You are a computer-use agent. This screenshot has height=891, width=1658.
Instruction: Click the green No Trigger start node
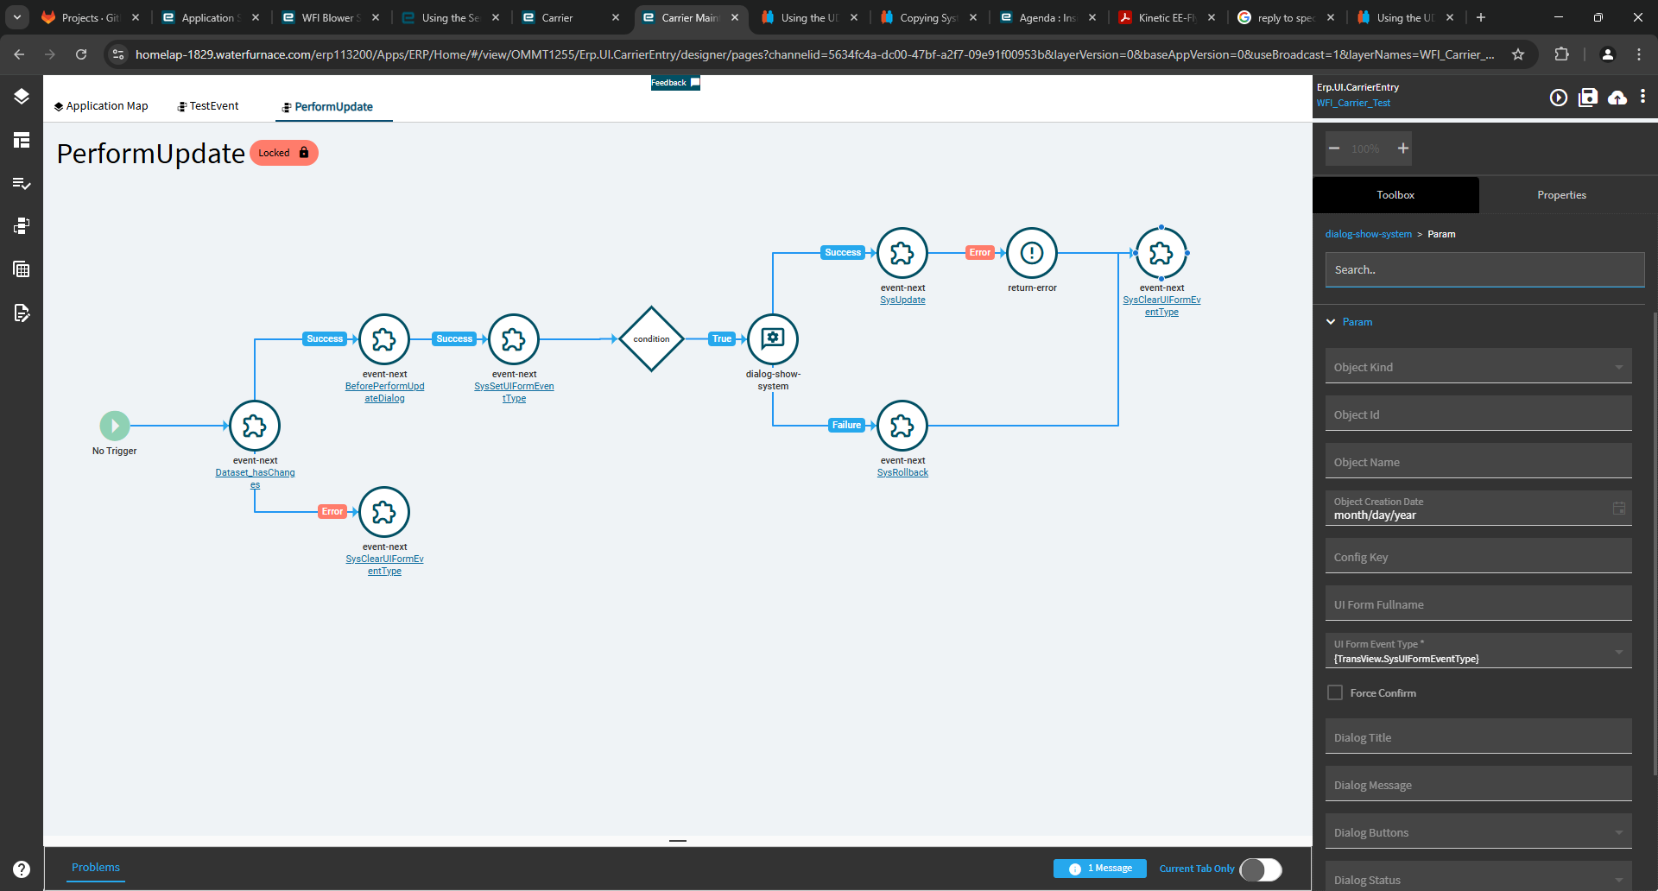click(115, 426)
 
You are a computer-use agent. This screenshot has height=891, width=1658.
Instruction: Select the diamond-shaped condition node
click(652, 339)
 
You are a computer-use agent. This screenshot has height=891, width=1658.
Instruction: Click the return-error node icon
click(1032, 253)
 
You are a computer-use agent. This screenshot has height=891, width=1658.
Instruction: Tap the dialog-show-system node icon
click(773, 339)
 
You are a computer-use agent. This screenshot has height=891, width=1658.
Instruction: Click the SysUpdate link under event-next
click(902, 300)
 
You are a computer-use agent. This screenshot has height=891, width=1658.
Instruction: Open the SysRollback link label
click(902, 473)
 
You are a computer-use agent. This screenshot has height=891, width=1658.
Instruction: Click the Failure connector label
click(846, 425)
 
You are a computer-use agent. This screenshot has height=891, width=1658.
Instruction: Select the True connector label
click(722, 338)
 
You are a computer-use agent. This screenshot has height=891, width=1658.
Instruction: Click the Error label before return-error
click(980, 252)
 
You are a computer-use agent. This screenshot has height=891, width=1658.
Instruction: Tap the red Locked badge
click(284, 153)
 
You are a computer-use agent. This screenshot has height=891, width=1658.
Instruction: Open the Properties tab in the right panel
click(1561, 195)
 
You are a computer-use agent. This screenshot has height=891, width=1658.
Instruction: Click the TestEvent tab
click(208, 106)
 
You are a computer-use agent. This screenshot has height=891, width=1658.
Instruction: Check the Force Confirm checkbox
click(1335, 692)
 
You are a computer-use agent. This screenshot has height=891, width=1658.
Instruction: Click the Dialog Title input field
click(1478, 736)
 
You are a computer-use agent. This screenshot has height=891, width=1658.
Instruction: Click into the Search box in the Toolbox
click(1484, 269)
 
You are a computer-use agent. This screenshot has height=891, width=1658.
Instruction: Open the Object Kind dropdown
click(1478, 366)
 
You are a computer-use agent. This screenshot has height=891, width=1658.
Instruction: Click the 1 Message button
click(1100, 869)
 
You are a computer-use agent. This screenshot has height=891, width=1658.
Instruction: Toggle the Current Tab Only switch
click(1261, 869)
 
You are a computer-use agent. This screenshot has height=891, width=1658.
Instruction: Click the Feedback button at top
click(675, 83)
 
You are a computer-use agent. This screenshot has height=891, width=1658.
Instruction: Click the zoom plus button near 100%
click(1403, 148)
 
